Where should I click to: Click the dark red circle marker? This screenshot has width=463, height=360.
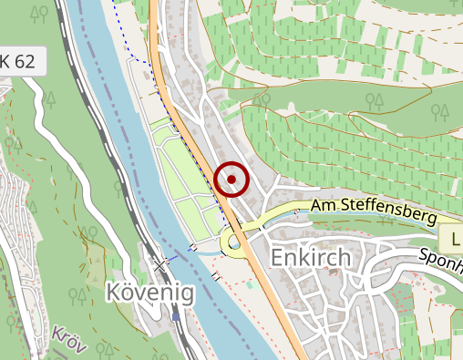(232, 179)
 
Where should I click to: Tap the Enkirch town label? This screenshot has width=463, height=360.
(311, 259)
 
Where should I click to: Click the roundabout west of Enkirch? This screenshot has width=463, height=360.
(235, 242)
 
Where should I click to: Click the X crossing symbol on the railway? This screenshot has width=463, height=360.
(162, 264)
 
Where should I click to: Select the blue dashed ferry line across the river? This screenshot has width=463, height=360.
(182, 253)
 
